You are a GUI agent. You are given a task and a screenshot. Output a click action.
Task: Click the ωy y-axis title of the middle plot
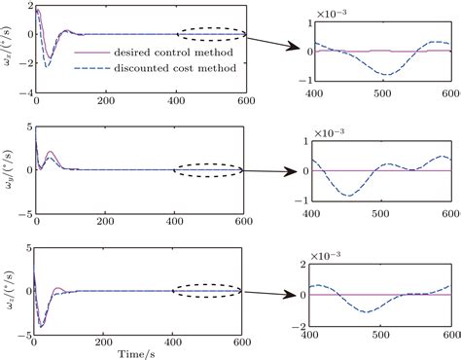click(x=9, y=169)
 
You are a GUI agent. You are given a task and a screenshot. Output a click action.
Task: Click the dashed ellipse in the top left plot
click(x=209, y=35)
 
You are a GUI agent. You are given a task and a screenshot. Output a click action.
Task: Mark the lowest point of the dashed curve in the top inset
click(x=388, y=75)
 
